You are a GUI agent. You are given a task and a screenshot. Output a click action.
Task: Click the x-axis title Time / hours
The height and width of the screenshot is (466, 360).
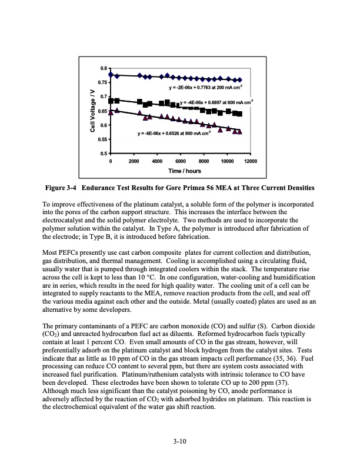(184, 171)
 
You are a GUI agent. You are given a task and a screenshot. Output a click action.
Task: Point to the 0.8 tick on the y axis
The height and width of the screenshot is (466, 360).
(104, 68)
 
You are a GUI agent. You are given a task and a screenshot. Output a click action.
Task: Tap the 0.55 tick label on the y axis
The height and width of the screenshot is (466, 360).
(102, 139)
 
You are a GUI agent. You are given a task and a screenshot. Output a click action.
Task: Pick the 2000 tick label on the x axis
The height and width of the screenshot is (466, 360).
(134, 161)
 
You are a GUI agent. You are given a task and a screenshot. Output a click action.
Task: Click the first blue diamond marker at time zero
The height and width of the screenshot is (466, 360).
(111, 75)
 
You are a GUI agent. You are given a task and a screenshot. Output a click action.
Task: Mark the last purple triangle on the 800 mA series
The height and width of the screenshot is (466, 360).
(239, 131)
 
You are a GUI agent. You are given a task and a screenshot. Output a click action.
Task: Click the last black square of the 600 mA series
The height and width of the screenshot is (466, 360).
(239, 114)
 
